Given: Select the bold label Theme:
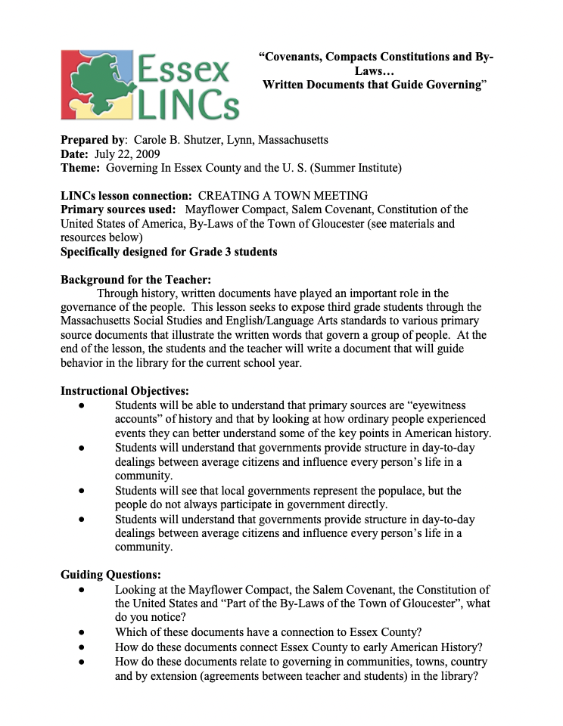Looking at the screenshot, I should pos(80,167).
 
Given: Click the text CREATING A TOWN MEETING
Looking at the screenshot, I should pos(283,196).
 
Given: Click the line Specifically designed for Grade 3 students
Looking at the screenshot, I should pos(168,251).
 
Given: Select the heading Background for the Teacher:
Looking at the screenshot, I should pos(130,279).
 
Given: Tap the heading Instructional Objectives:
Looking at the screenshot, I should pos(124,391).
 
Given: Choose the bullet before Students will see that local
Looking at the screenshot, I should pos(82,491).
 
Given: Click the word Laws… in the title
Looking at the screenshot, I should pos(375,70).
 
